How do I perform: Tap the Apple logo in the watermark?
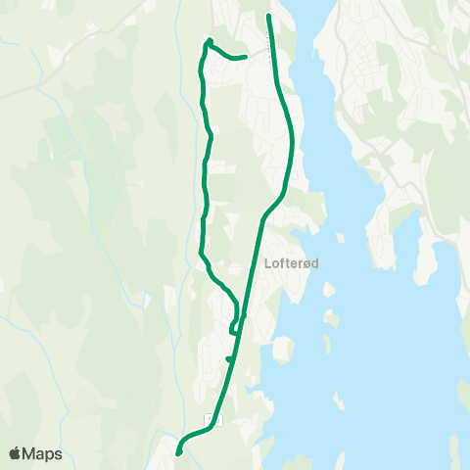click(15, 453)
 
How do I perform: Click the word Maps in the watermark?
click(43, 453)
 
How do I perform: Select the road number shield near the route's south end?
click(209, 419)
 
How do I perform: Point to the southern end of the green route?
click(178, 452)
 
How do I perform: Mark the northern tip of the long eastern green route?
click(269, 17)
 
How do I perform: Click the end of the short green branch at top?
click(243, 57)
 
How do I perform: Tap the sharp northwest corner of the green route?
click(209, 41)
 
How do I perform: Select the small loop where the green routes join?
click(235, 325)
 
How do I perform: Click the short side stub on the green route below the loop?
click(228, 359)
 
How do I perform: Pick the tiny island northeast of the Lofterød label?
click(339, 237)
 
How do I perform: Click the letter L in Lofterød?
click(267, 263)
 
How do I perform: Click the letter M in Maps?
click(31, 453)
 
